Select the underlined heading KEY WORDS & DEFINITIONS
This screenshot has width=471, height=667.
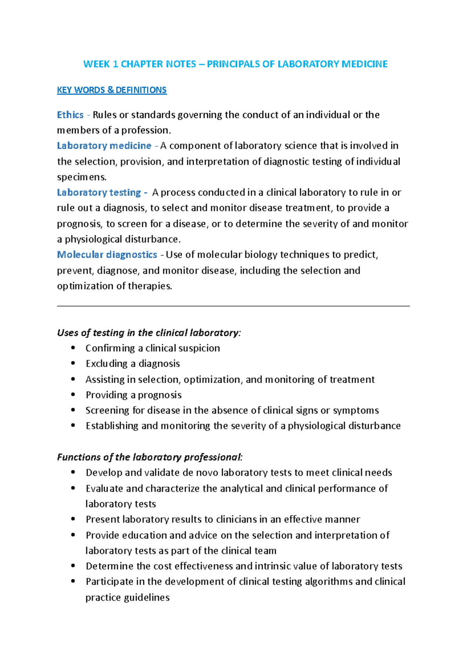112,90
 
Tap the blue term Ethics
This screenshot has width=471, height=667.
70,115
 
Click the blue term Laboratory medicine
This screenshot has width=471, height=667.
104,146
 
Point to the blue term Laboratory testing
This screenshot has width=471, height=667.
99,192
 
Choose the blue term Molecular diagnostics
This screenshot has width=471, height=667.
107,255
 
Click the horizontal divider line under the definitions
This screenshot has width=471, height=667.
233,306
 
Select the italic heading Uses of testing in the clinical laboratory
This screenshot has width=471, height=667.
148,333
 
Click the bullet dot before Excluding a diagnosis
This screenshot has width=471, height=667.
73,363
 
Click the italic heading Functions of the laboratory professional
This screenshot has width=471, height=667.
149,457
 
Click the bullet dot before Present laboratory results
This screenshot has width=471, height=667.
73,519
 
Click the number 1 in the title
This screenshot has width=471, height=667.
115,64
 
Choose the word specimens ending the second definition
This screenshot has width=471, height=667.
81,177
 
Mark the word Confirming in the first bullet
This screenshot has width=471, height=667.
110,348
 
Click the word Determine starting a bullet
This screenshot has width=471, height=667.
110,566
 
